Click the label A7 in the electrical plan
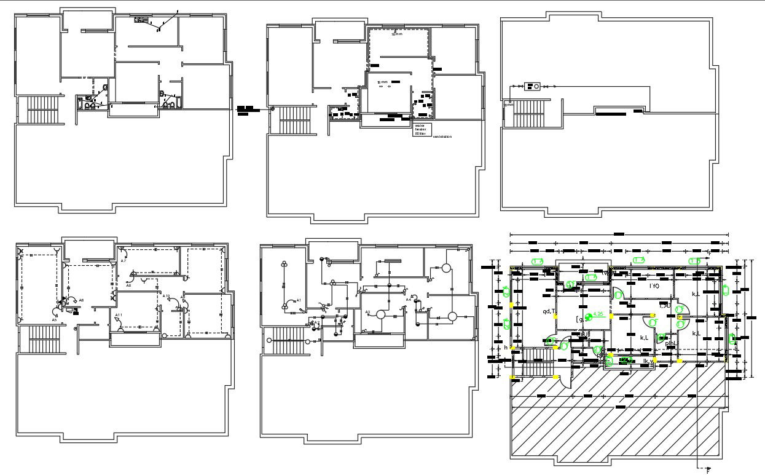click(x=124, y=261)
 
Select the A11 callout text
click(x=119, y=315)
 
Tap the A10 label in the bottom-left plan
click(x=166, y=297)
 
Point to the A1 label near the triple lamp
click(x=299, y=300)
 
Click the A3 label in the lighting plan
click(x=368, y=312)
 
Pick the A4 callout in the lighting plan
click(x=409, y=300)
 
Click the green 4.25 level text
click(x=598, y=315)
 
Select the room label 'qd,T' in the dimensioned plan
click(x=549, y=311)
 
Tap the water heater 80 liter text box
click(x=421, y=129)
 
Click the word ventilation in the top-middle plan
click(x=442, y=137)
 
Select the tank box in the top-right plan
click(x=532, y=86)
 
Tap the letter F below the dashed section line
click(x=707, y=471)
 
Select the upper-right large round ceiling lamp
click(x=446, y=268)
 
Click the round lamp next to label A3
click(x=380, y=314)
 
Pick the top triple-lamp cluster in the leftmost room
click(x=284, y=263)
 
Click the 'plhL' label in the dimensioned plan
click(x=672, y=343)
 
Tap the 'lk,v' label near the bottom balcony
click(x=648, y=361)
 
